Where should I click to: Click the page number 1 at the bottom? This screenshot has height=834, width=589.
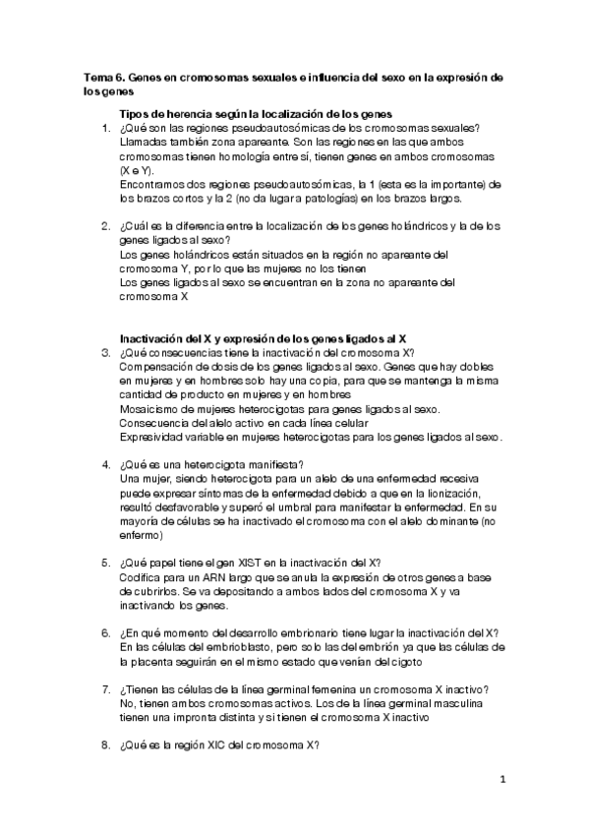[x=502, y=781]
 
